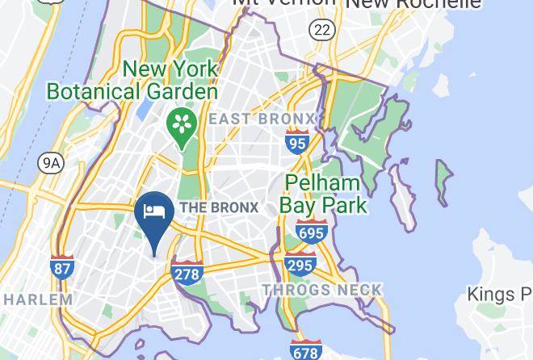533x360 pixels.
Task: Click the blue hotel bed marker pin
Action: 153,216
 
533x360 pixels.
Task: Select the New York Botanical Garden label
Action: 132,80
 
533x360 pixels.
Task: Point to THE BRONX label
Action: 219,207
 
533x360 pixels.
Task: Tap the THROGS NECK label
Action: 321,290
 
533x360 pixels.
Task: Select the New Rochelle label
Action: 413,4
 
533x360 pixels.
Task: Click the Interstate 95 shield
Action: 297,142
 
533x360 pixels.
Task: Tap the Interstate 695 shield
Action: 311,232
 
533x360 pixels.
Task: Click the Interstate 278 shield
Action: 186,273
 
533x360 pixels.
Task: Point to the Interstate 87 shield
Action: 61,267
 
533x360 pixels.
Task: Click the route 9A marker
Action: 51,164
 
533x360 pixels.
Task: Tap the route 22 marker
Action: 321,31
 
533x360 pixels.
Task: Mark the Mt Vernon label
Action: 283,3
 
